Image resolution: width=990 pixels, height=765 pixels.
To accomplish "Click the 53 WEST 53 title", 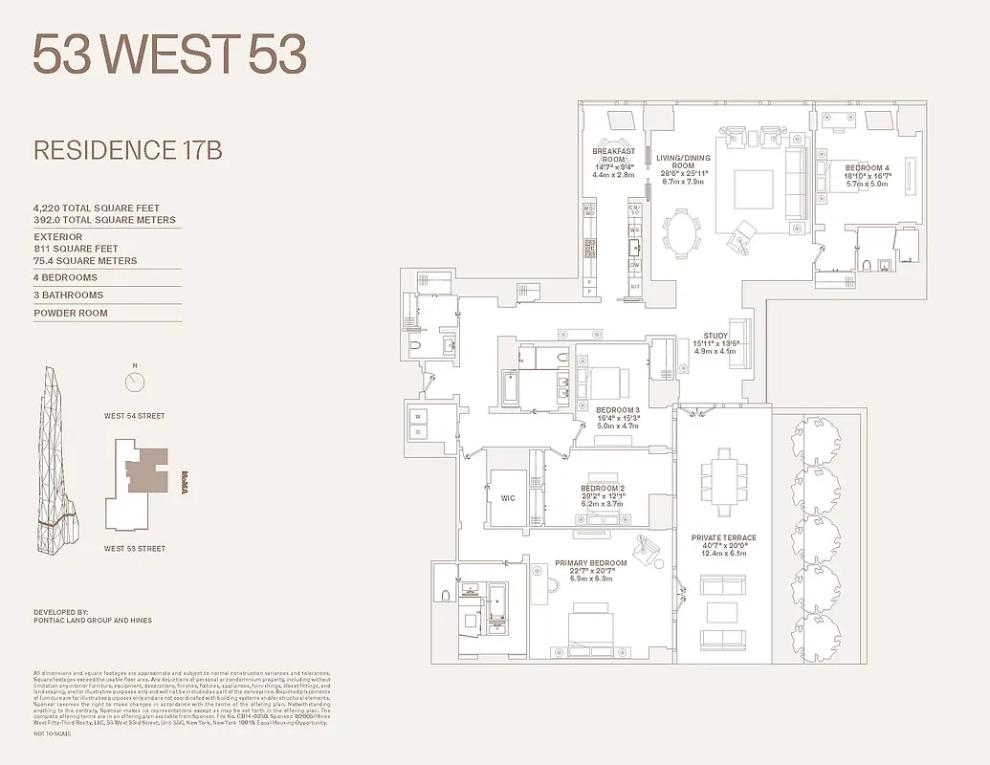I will (170, 55).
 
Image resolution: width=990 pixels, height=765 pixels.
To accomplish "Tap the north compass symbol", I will (135, 382).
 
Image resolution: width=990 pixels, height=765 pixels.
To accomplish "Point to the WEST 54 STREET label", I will (135, 416).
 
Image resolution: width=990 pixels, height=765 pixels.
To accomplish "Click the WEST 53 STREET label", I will (135, 549).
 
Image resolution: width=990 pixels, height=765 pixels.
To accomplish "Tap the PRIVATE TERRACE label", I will (723, 537).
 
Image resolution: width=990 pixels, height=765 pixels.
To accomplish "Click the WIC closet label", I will (508, 498).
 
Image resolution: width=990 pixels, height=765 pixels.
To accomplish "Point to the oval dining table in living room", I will (680, 232).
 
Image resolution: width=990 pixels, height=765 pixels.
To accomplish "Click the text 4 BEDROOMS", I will (65, 277).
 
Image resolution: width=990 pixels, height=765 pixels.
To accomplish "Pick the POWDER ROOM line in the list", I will (70, 313).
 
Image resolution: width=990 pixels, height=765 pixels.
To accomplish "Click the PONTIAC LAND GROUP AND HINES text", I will (92, 621).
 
